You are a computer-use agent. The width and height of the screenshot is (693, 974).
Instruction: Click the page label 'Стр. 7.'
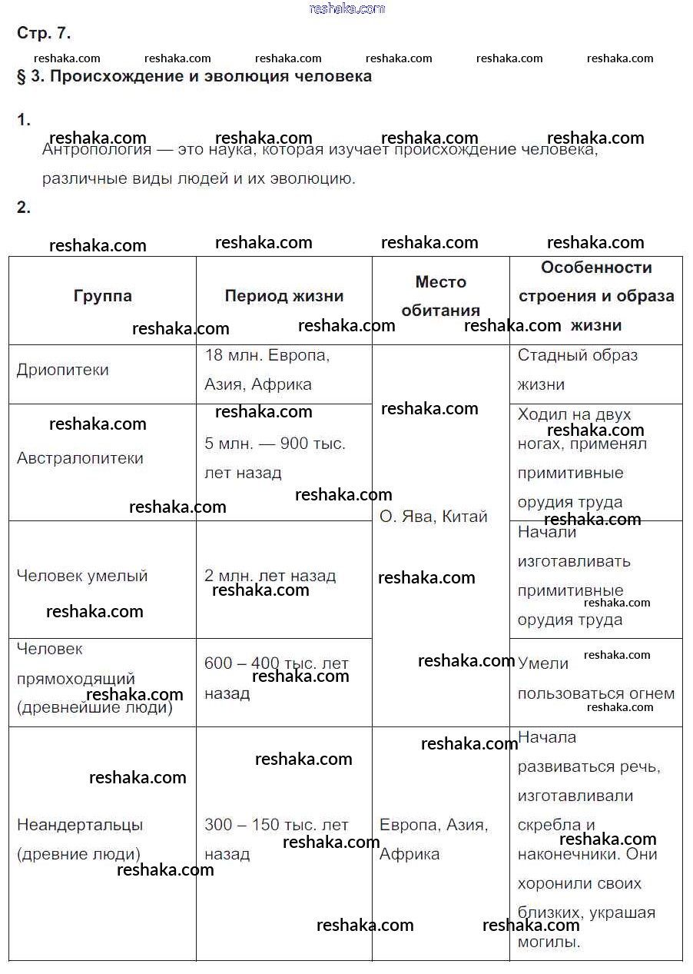[44, 33]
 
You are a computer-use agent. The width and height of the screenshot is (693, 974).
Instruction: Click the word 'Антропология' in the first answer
[97, 150]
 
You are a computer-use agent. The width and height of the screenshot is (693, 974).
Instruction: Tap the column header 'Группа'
[103, 296]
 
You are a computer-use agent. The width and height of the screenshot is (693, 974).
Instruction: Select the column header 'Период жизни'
[283, 296]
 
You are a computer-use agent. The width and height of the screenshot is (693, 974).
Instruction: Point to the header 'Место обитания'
[440, 296]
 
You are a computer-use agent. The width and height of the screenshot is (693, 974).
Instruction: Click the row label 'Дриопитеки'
[63, 370]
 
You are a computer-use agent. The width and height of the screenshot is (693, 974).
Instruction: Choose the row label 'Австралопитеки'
[80, 458]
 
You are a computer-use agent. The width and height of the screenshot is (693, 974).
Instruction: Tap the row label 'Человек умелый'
[82, 576]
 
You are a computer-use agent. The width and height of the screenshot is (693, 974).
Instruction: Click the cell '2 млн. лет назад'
[270, 576]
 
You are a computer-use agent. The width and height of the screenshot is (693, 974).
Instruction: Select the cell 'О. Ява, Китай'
[433, 517]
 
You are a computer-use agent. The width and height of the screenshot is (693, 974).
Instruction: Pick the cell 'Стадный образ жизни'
[577, 370]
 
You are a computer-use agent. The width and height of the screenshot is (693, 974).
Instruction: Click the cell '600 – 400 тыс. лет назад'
[276, 678]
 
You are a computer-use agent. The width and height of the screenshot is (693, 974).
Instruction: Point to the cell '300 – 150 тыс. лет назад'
[276, 839]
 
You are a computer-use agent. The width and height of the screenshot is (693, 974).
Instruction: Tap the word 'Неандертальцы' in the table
[80, 825]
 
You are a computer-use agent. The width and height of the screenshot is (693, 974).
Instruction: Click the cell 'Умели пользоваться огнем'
[595, 679]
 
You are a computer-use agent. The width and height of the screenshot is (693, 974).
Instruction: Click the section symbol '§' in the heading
[22, 76]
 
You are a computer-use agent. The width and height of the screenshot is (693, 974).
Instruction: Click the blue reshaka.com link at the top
[346, 8]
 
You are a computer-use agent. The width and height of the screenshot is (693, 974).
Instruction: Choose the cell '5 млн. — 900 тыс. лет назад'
[275, 458]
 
